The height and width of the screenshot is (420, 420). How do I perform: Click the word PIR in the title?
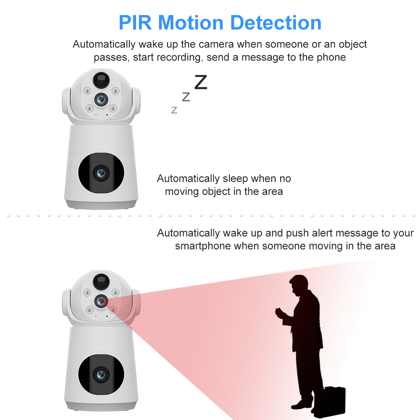click(135, 23)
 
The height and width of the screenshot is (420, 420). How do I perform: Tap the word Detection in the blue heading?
click(276, 23)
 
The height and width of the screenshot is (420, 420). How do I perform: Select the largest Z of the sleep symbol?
click(201, 82)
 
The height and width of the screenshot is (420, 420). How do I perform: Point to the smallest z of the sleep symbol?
click(174, 110)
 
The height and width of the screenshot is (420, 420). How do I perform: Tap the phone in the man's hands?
click(279, 312)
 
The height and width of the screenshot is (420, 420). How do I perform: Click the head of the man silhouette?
click(298, 285)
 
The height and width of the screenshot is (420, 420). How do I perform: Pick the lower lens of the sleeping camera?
click(101, 173)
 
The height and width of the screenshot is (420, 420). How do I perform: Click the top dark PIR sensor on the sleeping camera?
click(101, 80)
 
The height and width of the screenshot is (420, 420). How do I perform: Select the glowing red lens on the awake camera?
click(101, 301)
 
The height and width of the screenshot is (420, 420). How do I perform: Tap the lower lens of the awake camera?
click(101, 375)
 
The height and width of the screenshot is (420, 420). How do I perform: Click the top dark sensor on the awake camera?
click(101, 281)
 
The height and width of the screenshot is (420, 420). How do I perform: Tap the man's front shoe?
click(301, 404)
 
